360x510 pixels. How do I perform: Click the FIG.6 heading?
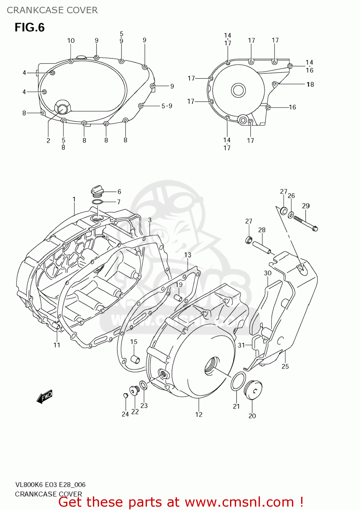(x=30, y=28)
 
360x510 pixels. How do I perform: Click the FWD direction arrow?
(x=45, y=396)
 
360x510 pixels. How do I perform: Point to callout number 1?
(x=74, y=199)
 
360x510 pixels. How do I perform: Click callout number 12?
(x=199, y=414)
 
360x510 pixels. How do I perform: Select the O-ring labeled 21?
(x=238, y=381)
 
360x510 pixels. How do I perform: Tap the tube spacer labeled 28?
(x=262, y=247)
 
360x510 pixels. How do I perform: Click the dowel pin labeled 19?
(x=178, y=298)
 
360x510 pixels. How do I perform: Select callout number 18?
(x=310, y=84)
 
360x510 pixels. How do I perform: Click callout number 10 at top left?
(x=71, y=41)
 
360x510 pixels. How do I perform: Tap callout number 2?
(x=48, y=140)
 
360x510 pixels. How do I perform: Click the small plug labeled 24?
(x=125, y=395)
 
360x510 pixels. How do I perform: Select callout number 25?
(x=285, y=366)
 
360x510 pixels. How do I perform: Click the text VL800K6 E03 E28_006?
(x=50, y=485)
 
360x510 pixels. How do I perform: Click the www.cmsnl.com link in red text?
(x=239, y=502)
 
